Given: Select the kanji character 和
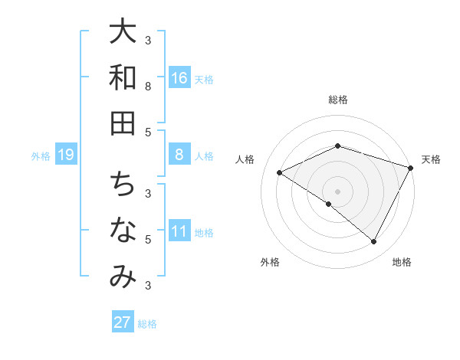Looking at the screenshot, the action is [123, 77].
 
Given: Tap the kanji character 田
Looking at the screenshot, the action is [123, 123].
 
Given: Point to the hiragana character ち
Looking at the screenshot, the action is [123, 185].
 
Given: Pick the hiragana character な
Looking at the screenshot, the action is [123, 231].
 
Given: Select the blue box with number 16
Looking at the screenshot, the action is [179, 77].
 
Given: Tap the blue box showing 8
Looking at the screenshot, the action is [179, 155].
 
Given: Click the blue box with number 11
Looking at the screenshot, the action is [179, 231].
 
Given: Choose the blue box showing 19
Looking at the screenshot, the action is [66, 155].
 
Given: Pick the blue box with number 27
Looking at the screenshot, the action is [123, 322].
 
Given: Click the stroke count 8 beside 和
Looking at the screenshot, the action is [147, 87].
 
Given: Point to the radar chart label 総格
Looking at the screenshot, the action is [338, 100].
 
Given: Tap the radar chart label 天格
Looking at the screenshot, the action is [431, 159].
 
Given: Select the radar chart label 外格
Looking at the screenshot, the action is [270, 263].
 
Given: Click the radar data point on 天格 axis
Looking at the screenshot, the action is [412, 168].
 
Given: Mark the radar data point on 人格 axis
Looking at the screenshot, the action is [280, 173].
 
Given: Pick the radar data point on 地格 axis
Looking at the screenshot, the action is [374, 242].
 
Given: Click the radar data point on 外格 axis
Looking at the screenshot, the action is [329, 205].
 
